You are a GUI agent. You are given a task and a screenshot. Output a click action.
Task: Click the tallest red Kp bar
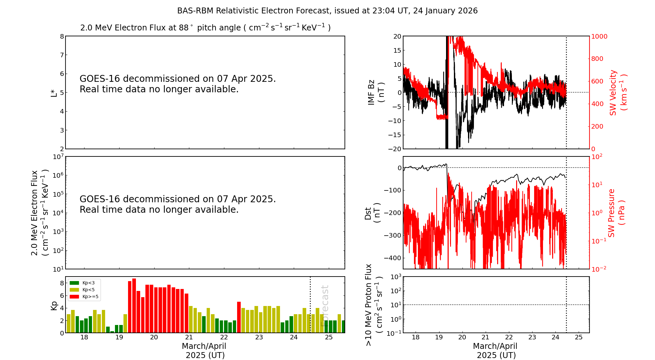coord(134,305)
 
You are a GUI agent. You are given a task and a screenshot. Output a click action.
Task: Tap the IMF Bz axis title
coord(376,92)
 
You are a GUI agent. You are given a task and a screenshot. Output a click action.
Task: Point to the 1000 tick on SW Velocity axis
coord(599,36)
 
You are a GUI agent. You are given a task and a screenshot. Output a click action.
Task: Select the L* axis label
coord(54,93)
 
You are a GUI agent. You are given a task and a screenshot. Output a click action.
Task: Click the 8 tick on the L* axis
coord(62,36)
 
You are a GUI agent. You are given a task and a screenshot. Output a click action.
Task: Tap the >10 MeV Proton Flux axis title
coord(374,305)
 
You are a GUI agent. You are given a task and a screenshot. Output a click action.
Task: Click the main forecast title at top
coord(327,11)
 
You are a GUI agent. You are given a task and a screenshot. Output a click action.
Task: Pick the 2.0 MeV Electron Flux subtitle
coord(205,27)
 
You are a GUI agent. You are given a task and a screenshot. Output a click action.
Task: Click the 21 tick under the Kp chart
coord(189,337)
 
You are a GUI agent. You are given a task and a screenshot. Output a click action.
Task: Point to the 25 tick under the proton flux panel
coord(579,337)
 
